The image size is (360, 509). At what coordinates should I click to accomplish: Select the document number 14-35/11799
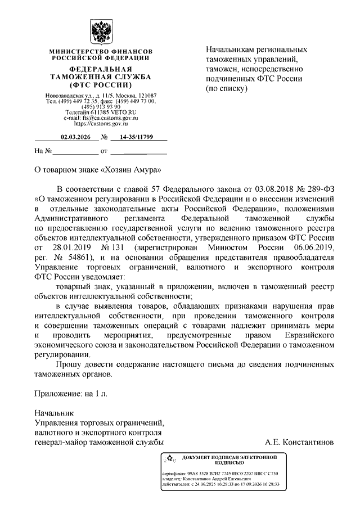(x=133, y=137)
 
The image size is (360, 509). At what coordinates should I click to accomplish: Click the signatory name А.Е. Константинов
(x=301, y=442)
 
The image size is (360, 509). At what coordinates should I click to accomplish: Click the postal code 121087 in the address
(x=145, y=96)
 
